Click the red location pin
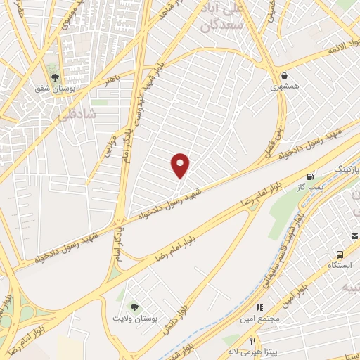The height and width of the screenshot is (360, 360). pyautogui.click(x=181, y=165)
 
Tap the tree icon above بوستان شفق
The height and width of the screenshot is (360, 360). pyautogui.click(x=54, y=78)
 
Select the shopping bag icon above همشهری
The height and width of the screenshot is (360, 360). pyautogui.click(x=283, y=75)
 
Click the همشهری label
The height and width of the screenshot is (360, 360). pyautogui.click(x=283, y=87)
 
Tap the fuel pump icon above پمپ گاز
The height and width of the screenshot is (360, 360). pyautogui.click(x=309, y=176)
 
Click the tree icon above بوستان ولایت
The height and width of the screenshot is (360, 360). pyautogui.click(x=134, y=307)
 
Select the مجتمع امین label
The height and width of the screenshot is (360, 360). pyautogui.click(x=259, y=319)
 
